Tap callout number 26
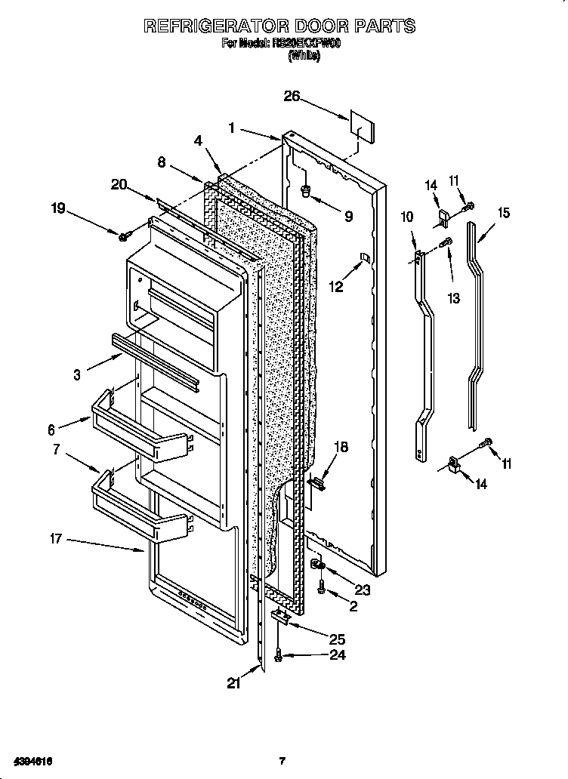(x=292, y=96)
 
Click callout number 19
(x=57, y=209)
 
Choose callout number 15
(x=502, y=213)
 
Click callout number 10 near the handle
(x=406, y=217)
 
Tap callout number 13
(x=453, y=299)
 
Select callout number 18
(x=341, y=447)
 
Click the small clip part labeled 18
(x=316, y=481)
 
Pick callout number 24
(x=337, y=655)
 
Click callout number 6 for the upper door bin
(x=51, y=430)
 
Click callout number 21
(x=234, y=683)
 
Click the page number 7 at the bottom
(x=281, y=760)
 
